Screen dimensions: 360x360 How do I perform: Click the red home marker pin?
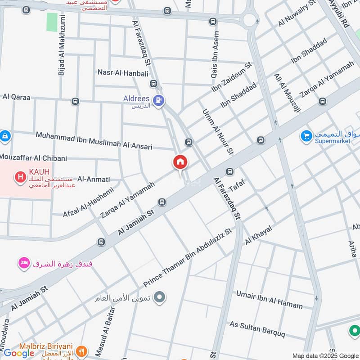180,162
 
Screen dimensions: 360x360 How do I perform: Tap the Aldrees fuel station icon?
158,101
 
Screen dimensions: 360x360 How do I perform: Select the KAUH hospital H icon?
20,177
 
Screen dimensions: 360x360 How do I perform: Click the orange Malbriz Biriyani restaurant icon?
81,351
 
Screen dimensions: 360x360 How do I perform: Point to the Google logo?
19,353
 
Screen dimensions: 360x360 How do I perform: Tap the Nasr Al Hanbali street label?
120,72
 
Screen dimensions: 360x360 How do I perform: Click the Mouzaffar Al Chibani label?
34,158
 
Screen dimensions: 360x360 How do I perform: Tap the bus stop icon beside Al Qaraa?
75,102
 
